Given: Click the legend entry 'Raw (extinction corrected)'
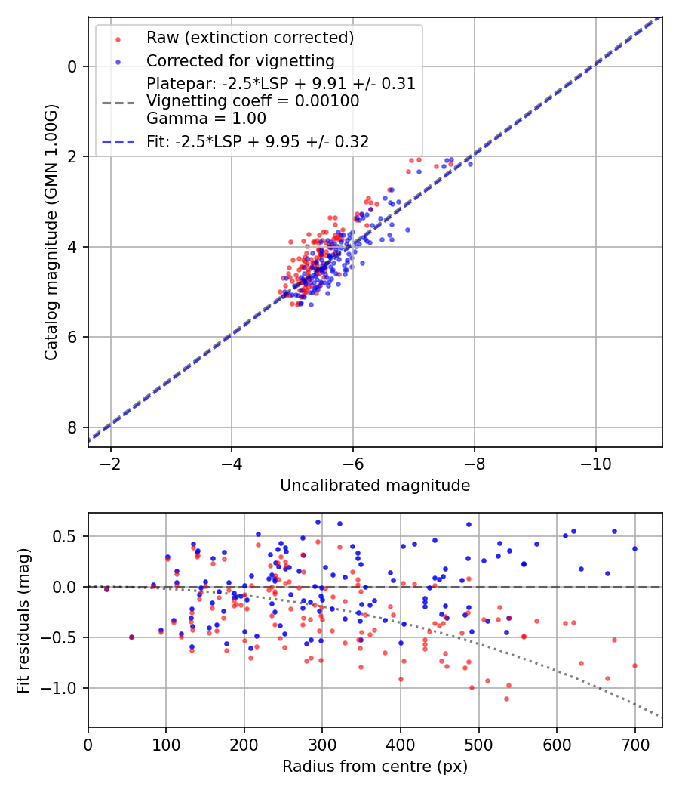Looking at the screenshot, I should tap(250, 38).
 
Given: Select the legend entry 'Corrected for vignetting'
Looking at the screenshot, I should tap(241, 60).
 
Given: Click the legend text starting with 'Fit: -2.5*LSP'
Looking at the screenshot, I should tap(257, 141).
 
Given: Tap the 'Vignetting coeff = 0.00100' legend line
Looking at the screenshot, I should tap(253, 100).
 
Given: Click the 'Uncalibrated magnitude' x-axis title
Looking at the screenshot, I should tap(375, 486).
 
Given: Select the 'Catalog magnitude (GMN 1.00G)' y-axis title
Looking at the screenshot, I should tap(51, 232).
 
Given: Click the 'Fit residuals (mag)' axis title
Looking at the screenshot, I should tap(23, 619).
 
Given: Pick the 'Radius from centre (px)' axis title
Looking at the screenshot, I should tap(375, 767).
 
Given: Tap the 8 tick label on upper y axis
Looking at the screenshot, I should tap(73, 427).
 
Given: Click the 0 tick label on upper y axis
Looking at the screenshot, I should tap(73, 66).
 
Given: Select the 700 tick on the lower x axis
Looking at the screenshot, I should tap(634, 743).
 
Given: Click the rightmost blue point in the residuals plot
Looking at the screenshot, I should tap(634, 548).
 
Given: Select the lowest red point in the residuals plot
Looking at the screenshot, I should tap(506, 699).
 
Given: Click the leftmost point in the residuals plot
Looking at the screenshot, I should tap(106, 589).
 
